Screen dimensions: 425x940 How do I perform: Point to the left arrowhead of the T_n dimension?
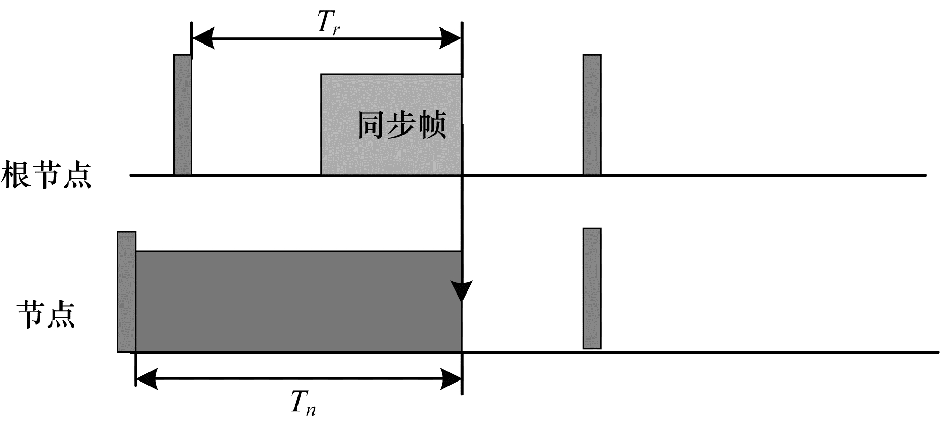click(x=146, y=378)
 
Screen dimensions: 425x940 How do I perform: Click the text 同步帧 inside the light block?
click(x=401, y=125)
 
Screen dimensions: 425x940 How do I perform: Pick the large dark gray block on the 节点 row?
click(x=298, y=301)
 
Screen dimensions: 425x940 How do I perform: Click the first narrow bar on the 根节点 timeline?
click(x=183, y=115)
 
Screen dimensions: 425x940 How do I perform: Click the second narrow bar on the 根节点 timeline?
click(x=592, y=115)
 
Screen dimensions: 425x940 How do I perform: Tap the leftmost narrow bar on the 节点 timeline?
click(x=126, y=292)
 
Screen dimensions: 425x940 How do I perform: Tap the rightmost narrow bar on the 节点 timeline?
click(x=592, y=288)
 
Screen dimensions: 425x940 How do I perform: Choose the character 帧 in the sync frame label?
click(x=432, y=125)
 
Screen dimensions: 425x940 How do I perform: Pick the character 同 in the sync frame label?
click(x=371, y=125)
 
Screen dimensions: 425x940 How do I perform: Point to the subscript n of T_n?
click(x=310, y=410)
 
